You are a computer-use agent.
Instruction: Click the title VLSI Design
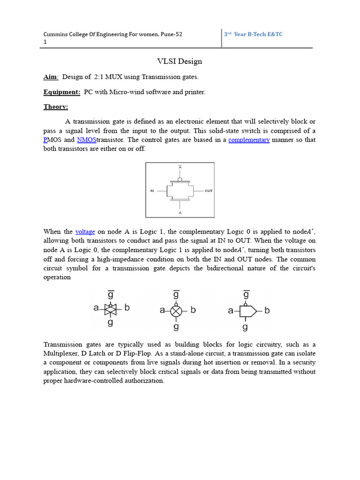click(179, 61)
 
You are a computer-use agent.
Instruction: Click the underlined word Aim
click(51, 77)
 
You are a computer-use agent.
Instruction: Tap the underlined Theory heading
click(56, 107)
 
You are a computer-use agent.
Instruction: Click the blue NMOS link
click(86, 140)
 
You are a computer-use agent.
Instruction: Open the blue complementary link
click(249, 140)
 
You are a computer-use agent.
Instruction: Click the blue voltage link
click(85, 232)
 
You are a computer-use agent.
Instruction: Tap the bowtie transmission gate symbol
click(110, 309)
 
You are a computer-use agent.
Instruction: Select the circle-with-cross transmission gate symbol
click(176, 310)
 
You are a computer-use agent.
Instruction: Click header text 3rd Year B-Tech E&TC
click(253, 34)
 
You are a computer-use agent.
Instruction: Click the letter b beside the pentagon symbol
click(267, 310)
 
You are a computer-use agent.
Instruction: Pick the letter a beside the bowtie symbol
click(96, 308)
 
